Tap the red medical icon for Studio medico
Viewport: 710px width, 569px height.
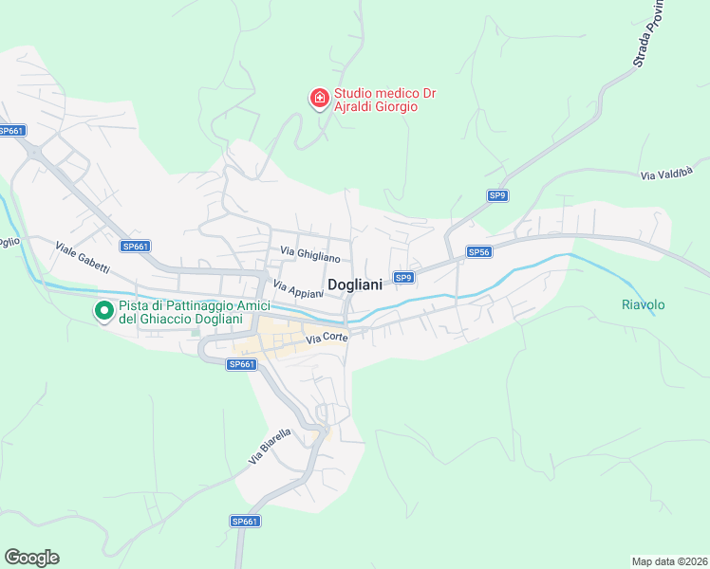tap(319, 97)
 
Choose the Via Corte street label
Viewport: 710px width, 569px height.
tap(326, 338)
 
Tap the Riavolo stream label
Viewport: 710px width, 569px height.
tap(643, 304)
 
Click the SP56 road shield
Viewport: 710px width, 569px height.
tap(478, 252)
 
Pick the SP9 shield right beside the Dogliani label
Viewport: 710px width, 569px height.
tap(403, 277)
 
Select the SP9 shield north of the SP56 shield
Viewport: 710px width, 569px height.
tap(497, 195)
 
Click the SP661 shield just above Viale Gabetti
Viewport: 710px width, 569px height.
tap(136, 247)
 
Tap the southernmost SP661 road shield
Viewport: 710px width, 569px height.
tap(244, 521)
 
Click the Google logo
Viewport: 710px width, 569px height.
tap(31, 557)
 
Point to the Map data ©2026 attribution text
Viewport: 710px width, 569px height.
tap(669, 560)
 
